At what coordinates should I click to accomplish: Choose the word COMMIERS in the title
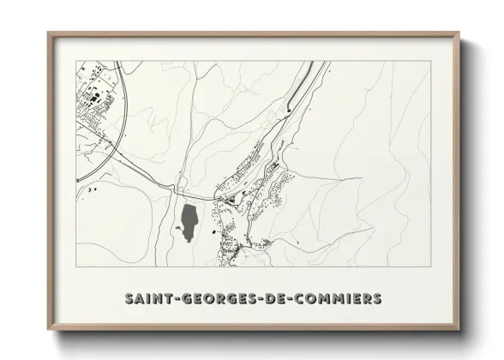339,299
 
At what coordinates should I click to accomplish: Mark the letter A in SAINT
139,299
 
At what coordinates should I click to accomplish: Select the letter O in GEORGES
206,299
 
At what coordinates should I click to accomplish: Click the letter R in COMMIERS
366,299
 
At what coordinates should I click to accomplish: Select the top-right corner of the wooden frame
459,33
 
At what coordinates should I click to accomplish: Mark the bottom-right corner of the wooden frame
459,332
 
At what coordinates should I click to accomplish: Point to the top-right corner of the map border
429,61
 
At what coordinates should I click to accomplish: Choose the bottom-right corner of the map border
429,267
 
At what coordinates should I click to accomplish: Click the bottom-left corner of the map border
76,267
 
